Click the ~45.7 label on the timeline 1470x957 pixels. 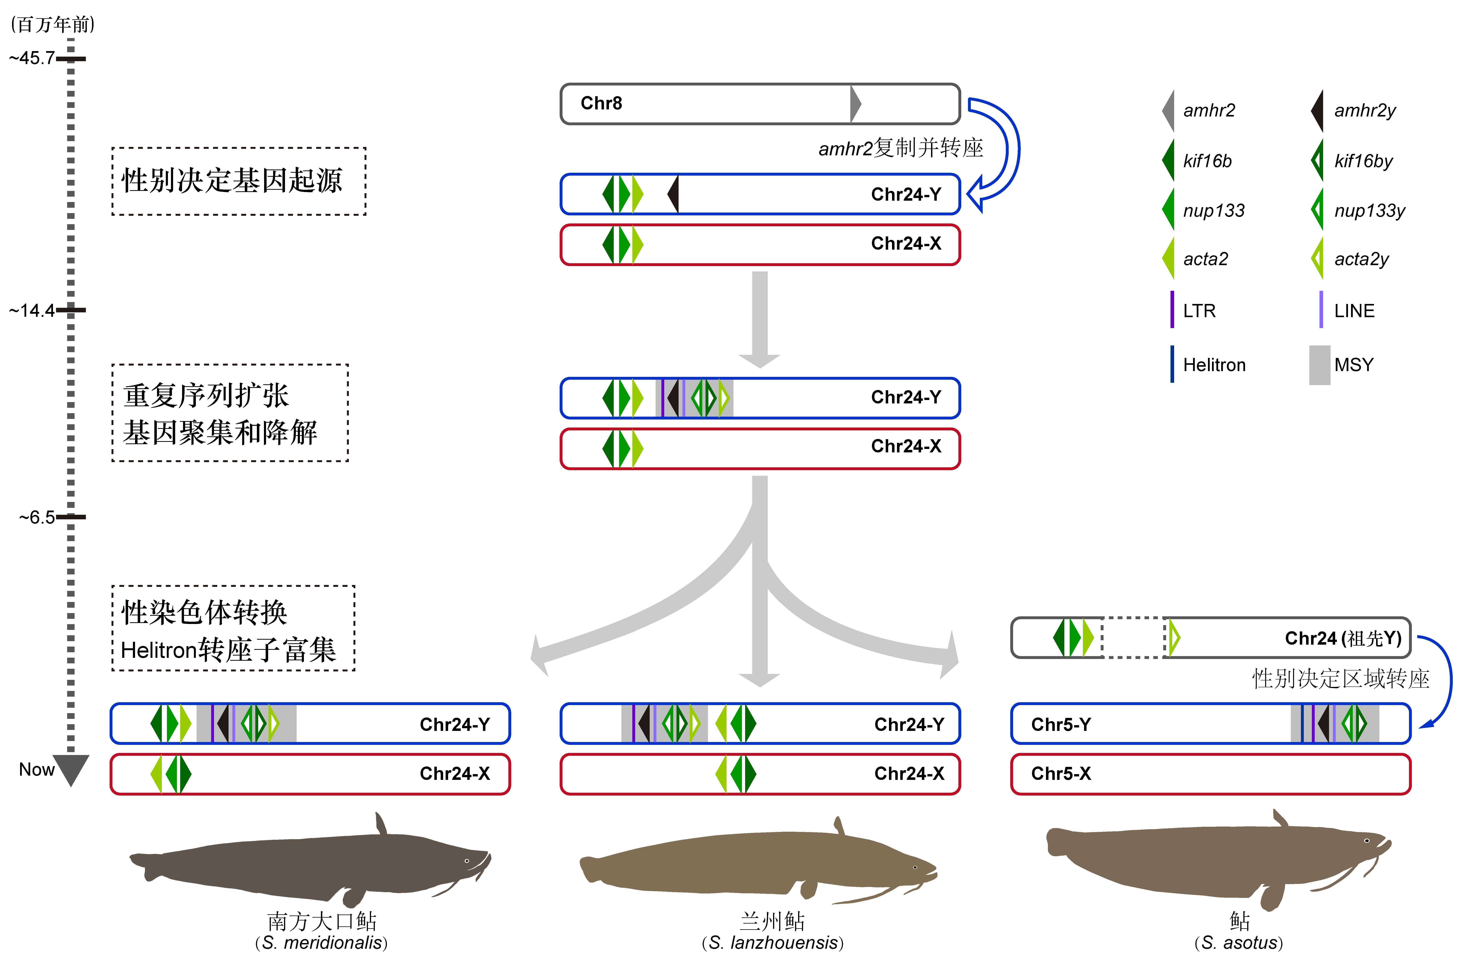[32, 59]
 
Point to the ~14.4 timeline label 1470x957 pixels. [32, 310]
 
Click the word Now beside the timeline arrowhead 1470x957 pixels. [37, 770]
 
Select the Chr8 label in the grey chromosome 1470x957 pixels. [601, 103]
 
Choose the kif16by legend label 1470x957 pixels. [1363, 161]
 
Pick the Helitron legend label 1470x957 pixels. [1214, 365]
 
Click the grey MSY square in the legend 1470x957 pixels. [1319, 365]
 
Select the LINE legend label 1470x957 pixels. [1354, 311]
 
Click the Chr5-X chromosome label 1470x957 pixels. [1061, 774]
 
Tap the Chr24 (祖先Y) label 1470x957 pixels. [1343, 638]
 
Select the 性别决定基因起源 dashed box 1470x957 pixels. [238, 181]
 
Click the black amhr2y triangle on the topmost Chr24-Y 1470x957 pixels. [674, 194]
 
